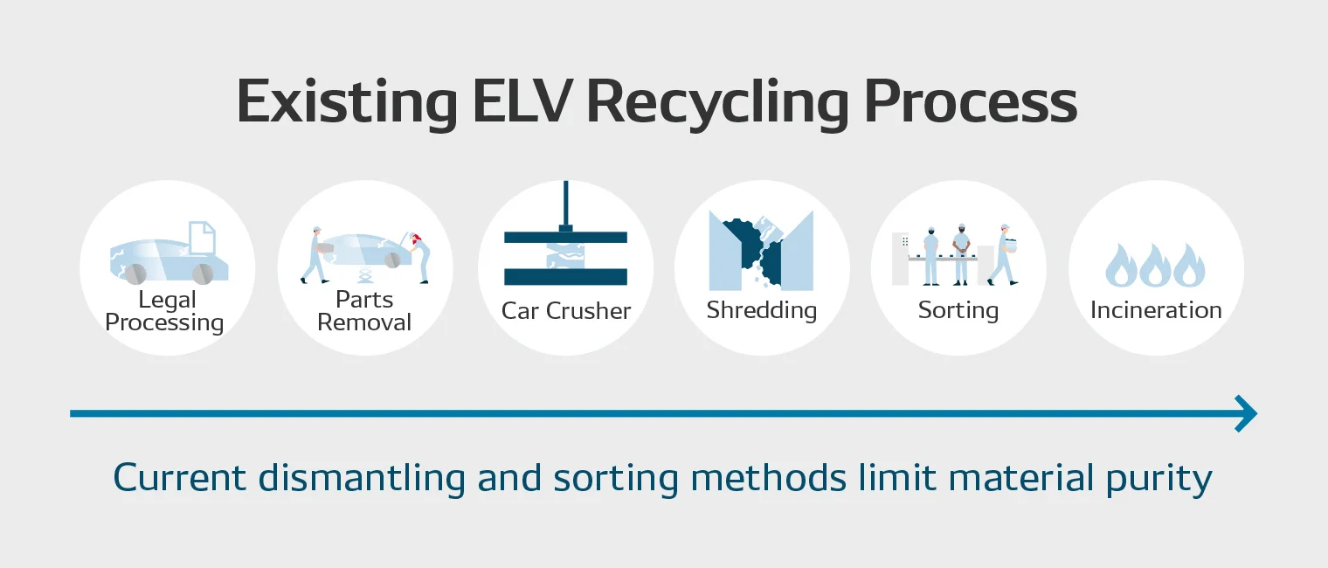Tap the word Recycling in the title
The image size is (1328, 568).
pos(718,105)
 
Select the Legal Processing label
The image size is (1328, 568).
pos(165,311)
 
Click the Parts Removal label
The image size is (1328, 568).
pos(364,311)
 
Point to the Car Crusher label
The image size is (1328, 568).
pos(565,311)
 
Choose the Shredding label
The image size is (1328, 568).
pos(762,311)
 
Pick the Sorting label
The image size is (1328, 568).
pos(958,311)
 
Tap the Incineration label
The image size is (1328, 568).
pos(1156,310)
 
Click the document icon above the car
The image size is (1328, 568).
pos(202,238)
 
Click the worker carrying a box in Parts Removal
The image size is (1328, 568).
pos(315,255)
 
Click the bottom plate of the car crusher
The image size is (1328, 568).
pos(565,277)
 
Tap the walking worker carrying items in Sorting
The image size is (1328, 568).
pos(1003,255)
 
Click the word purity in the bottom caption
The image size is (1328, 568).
pos(1159,479)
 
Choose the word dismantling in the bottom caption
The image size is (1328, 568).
pos(362,479)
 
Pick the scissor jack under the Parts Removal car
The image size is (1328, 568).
pos(365,276)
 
